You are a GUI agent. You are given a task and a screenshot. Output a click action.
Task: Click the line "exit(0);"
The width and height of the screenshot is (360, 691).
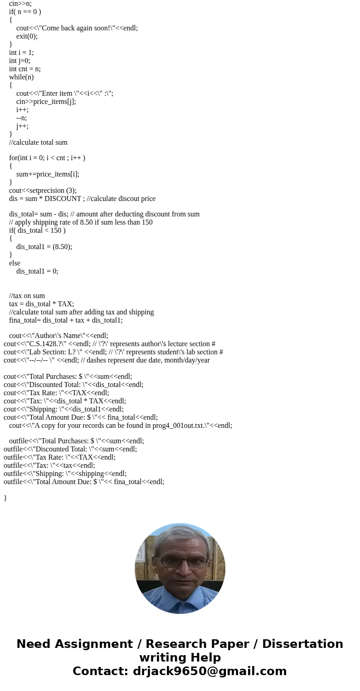[x=27, y=36]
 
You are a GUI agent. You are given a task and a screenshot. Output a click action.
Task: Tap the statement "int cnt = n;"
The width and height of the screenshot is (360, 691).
[x=24, y=69]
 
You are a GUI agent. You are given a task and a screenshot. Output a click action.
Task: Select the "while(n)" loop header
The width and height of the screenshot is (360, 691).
[x=21, y=77]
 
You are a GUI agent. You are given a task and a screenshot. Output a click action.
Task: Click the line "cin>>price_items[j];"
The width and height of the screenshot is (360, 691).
[x=46, y=102]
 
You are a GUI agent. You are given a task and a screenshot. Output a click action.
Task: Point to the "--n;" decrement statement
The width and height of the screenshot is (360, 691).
[x=21, y=118]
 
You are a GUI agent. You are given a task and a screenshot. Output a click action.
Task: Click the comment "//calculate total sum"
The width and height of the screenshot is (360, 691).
[x=38, y=142]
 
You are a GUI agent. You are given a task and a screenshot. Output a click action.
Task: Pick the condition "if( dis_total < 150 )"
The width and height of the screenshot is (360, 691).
[x=37, y=230]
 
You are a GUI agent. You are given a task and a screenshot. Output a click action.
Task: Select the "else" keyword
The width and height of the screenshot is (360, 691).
[x=15, y=263]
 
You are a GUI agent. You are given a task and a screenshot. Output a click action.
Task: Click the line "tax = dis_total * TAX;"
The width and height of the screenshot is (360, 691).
[x=41, y=304]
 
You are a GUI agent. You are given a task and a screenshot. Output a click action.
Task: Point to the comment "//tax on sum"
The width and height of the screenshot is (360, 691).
[x=27, y=296]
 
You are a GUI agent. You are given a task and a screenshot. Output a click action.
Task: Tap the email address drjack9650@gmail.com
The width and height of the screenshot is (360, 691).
[x=209, y=671]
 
